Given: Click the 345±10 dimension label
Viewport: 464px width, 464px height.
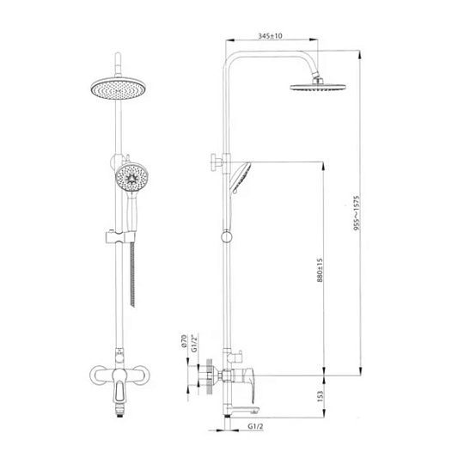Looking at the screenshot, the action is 270,36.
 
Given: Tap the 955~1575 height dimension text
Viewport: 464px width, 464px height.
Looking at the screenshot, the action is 357,213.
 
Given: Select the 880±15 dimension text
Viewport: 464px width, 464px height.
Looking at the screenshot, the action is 320,270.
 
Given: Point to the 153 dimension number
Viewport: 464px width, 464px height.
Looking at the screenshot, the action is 320,396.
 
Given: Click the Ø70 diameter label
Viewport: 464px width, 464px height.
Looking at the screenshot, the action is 184,341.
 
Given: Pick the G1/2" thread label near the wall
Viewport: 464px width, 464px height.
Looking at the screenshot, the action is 194,343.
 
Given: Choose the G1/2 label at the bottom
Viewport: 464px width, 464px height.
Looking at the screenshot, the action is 255,426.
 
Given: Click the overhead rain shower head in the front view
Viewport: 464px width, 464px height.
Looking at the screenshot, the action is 119,89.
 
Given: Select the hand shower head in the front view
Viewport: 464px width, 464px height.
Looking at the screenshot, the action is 131,178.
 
